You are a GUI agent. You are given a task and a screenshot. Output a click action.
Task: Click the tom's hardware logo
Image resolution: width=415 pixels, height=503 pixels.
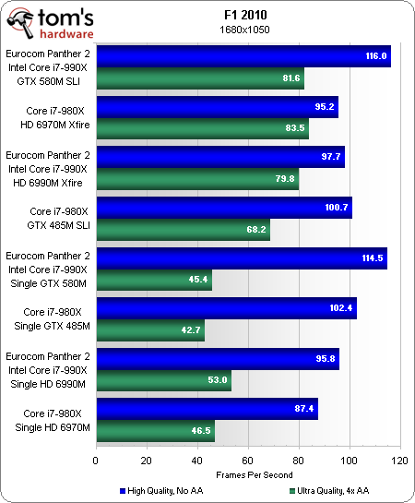click(x=50, y=19)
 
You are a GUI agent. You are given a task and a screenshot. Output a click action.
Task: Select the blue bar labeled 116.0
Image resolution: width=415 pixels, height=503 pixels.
click(x=243, y=56)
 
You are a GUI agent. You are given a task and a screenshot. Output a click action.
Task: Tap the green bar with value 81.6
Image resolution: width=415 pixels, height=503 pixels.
click(x=199, y=78)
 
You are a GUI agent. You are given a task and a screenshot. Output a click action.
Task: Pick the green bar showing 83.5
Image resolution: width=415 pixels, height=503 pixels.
click(x=201, y=129)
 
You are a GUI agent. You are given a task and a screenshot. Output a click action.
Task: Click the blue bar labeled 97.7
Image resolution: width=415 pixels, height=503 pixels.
click(x=219, y=157)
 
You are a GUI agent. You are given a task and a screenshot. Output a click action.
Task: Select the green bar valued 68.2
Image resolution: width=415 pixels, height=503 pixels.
click(x=182, y=230)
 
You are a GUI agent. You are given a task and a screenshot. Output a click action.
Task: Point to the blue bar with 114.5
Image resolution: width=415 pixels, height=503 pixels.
click(x=241, y=257)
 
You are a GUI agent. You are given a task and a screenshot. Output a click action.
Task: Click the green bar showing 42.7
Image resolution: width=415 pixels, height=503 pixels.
click(x=149, y=330)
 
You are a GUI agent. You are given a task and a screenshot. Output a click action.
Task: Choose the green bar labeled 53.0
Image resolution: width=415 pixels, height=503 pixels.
click(x=162, y=380)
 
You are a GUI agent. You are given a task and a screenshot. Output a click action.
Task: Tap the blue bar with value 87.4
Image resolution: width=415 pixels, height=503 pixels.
click(x=207, y=408)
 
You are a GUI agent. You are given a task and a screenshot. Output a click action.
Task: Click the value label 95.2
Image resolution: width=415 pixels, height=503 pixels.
click(x=323, y=107)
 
